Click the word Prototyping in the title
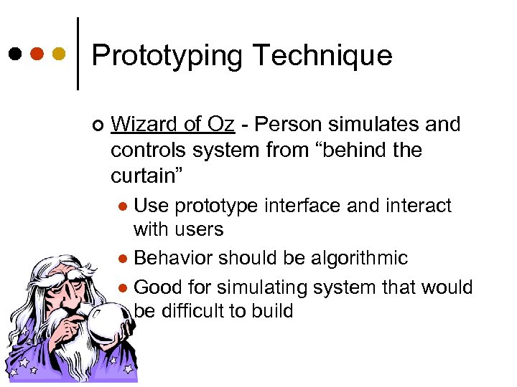[167, 55]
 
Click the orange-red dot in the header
[37, 54]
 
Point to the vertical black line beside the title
[77, 54]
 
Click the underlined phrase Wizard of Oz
[173, 125]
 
